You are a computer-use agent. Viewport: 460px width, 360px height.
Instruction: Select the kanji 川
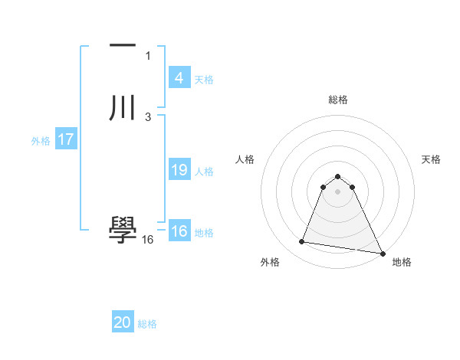click(x=123, y=107)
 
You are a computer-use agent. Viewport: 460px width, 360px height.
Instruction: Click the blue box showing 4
click(x=179, y=78)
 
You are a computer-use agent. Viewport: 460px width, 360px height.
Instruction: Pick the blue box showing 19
click(x=179, y=170)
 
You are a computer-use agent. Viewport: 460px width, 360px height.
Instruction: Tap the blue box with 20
click(x=123, y=323)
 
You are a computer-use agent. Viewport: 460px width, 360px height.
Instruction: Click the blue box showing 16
click(x=179, y=231)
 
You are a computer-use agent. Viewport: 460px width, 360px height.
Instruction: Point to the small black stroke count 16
click(x=148, y=239)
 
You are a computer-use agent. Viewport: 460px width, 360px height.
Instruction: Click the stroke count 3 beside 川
click(x=148, y=116)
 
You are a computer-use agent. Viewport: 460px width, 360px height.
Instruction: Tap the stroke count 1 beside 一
click(x=148, y=55)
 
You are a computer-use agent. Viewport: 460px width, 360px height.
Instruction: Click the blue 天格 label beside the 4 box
click(x=204, y=80)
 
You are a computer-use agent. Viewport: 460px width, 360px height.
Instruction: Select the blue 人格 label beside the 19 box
click(x=204, y=172)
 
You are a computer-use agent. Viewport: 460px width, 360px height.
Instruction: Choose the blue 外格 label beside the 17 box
click(x=40, y=141)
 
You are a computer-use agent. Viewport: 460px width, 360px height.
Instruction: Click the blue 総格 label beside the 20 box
click(x=147, y=325)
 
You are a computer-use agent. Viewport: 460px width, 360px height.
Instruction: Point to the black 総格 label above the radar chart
click(x=337, y=100)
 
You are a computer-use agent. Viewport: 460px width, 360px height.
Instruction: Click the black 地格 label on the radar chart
click(x=402, y=262)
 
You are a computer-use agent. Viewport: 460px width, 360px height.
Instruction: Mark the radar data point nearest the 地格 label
click(x=383, y=254)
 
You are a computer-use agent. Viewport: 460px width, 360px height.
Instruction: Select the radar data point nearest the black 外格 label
click(x=302, y=242)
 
